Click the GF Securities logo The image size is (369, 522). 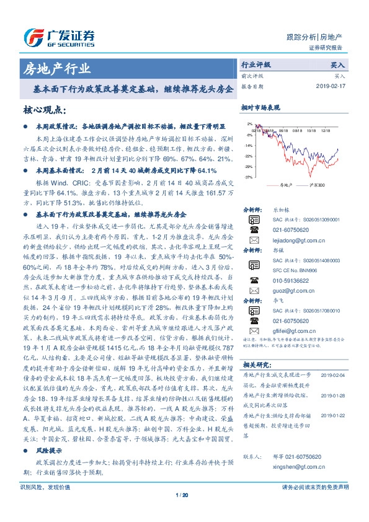point(59,38)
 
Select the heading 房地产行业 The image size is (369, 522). point(55,68)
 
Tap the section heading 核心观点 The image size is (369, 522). point(45,110)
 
